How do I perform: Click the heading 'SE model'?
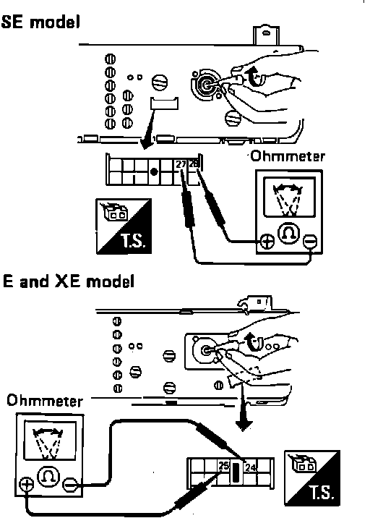[x=40, y=23]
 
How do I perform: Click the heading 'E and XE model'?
[x=69, y=282]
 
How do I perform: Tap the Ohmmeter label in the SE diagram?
[x=288, y=156]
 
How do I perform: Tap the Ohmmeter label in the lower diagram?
[x=45, y=401]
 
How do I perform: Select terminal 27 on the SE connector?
[x=181, y=164]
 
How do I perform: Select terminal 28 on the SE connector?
[x=193, y=164]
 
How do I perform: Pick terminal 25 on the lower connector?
[x=223, y=466]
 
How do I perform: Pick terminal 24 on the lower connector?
[x=250, y=467]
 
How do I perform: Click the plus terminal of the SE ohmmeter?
[x=267, y=241]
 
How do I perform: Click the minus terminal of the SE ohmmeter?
[x=310, y=241]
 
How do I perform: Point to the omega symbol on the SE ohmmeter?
[x=289, y=233]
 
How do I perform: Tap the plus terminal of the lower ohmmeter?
[x=26, y=485]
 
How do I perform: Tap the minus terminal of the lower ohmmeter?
[x=70, y=485]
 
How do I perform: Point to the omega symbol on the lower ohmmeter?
[x=48, y=476]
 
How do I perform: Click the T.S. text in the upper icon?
[x=133, y=241]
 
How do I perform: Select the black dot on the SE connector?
[x=153, y=171]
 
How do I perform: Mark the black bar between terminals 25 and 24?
[x=236, y=472]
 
